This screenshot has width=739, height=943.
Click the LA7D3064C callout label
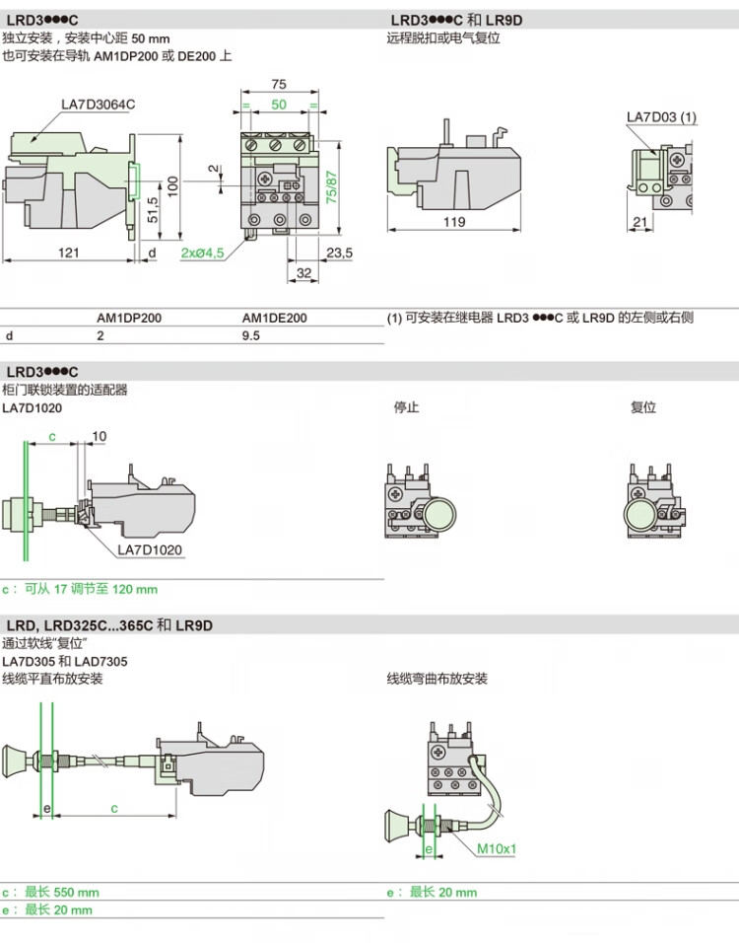tap(98, 105)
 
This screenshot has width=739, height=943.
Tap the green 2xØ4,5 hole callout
tap(203, 253)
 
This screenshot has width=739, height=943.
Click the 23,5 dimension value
tap(339, 253)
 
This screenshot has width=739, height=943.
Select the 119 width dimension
tap(453, 222)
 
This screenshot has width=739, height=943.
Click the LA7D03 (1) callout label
tap(661, 117)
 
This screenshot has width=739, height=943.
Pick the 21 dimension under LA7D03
tap(640, 222)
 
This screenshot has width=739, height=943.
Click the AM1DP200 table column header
tap(129, 319)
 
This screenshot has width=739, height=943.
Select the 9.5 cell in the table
tap(251, 335)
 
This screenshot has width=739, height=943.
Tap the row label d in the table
tap(9, 335)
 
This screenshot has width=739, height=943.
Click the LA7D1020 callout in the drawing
tap(150, 550)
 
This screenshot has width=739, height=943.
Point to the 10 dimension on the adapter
tap(100, 436)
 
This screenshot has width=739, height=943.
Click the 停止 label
tap(406, 407)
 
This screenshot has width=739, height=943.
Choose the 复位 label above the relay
tap(643, 407)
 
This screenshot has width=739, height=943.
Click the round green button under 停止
tap(440, 515)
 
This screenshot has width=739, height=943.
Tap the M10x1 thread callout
tap(498, 848)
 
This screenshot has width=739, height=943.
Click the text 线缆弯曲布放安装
tap(437, 679)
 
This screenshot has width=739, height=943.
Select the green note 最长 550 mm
tap(62, 892)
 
